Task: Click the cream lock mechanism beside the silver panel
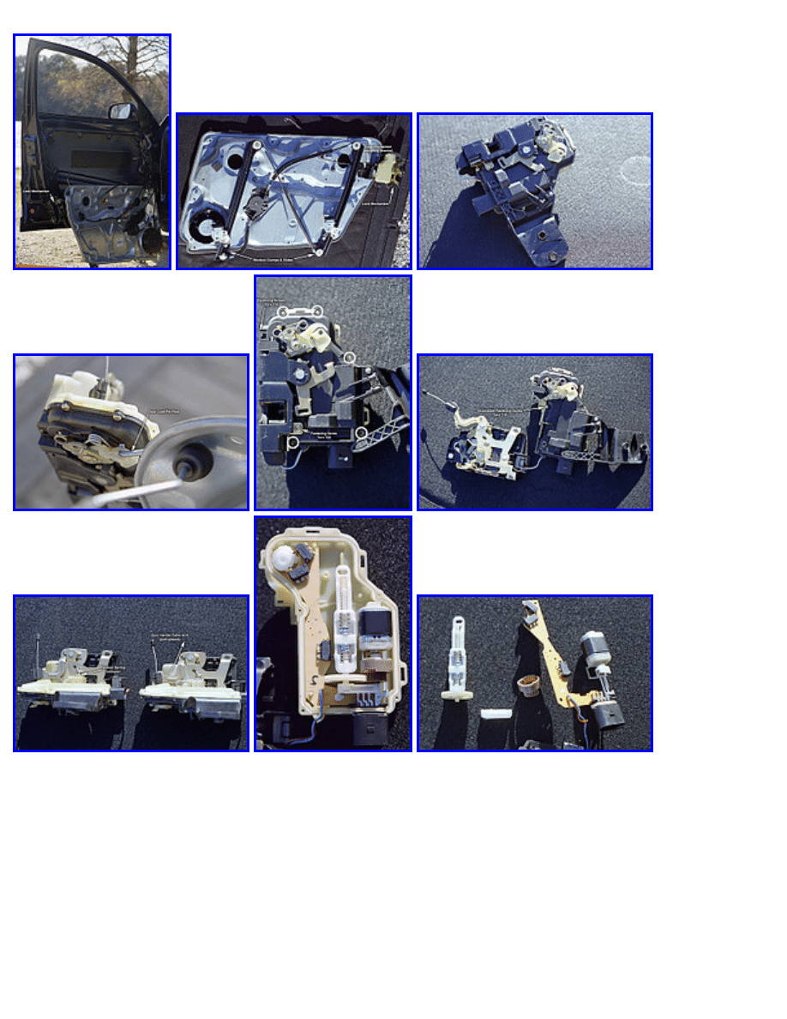(x=381, y=171)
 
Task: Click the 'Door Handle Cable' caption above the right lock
(x=172, y=636)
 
